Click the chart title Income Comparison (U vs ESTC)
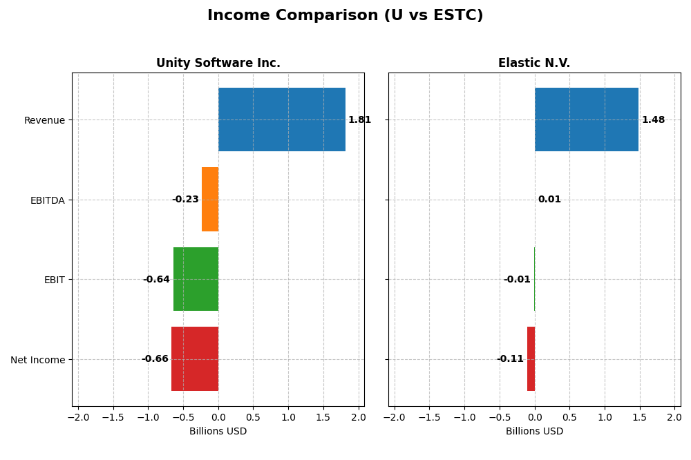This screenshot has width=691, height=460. pyautogui.click(x=345, y=15)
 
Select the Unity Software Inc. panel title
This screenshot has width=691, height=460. pyautogui.click(x=218, y=63)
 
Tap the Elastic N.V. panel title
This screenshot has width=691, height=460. pyautogui.click(x=534, y=63)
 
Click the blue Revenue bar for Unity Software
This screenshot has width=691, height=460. pyautogui.click(x=282, y=119)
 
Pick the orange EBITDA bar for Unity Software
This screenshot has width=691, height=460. pyautogui.click(x=210, y=199)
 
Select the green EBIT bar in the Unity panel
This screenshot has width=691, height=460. pyautogui.click(x=196, y=279)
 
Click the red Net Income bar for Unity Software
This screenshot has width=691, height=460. pyautogui.click(x=195, y=358)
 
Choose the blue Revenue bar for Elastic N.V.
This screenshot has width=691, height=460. pyautogui.click(x=586, y=119)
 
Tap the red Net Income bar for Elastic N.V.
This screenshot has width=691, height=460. pyautogui.click(x=531, y=358)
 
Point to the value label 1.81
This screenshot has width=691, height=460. pyautogui.click(x=359, y=120)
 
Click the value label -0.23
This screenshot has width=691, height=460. pyautogui.click(x=185, y=200)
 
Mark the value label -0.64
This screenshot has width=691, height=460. pyautogui.click(x=156, y=280)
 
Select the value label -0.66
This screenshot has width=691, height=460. pyautogui.click(x=155, y=359)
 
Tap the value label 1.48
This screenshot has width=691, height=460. pyautogui.click(x=653, y=120)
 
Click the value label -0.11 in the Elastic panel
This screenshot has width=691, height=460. pyautogui.click(x=510, y=359)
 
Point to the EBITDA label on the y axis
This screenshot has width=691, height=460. pyautogui.click(x=47, y=200)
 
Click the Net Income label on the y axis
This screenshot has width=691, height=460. pyautogui.click(x=37, y=360)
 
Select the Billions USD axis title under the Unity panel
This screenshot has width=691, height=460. pyautogui.click(x=218, y=432)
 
